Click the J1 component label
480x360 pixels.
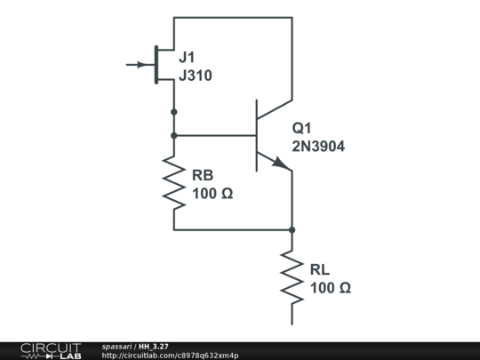click(x=187, y=57)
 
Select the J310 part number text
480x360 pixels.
click(x=196, y=76)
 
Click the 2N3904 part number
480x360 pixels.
click(x=318, y=146)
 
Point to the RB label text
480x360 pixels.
click(x=203, y=174)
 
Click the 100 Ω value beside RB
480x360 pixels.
click(x=212, y=193)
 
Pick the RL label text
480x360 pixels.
click(x=320, y=269)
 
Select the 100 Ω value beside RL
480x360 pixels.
click(x=331, y=288)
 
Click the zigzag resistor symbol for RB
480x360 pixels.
click(x=173, y=182)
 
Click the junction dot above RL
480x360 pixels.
click(x=292, y=229)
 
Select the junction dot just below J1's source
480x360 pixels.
click(x=173, y=112)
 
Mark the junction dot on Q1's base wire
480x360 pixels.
click(x=173, y=135)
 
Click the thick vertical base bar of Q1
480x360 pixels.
click(x=256, y=135)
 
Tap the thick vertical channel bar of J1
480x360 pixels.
click(x=156, y=65)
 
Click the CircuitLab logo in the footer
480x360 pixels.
click(x=50, y=350)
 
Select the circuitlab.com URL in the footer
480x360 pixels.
click(x=170, y=356)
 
